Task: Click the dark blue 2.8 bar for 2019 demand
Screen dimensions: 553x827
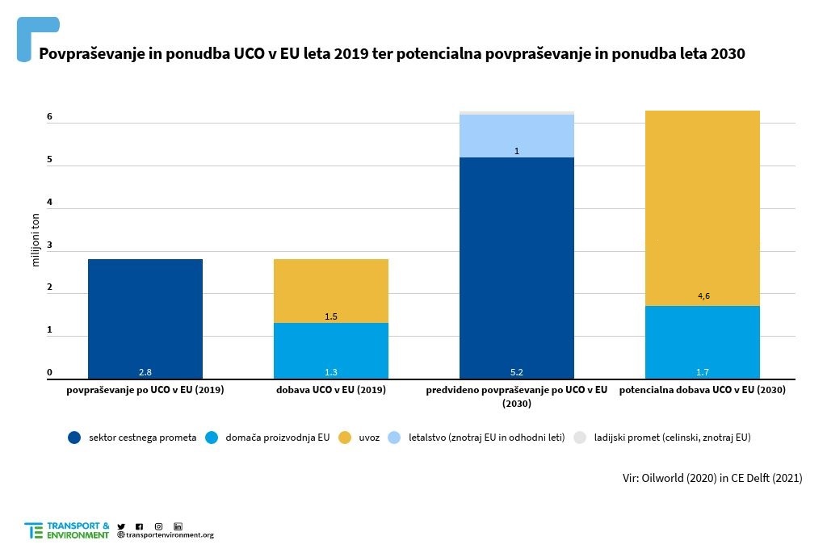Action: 145,318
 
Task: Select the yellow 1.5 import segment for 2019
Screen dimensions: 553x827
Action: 331,291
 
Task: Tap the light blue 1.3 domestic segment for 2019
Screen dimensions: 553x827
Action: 331,350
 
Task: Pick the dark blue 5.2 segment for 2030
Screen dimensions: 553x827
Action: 517,267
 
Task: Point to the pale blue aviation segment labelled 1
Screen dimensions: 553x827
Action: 517,136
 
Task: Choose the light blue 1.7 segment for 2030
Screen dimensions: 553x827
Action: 703,342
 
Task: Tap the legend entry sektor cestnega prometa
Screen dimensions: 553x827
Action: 132,438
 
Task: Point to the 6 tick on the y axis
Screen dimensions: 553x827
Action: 49,117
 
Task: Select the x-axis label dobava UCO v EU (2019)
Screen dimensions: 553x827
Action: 331,390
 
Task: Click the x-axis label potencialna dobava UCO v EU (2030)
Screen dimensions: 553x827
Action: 703,390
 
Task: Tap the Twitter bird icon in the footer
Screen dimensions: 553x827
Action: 121,526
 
